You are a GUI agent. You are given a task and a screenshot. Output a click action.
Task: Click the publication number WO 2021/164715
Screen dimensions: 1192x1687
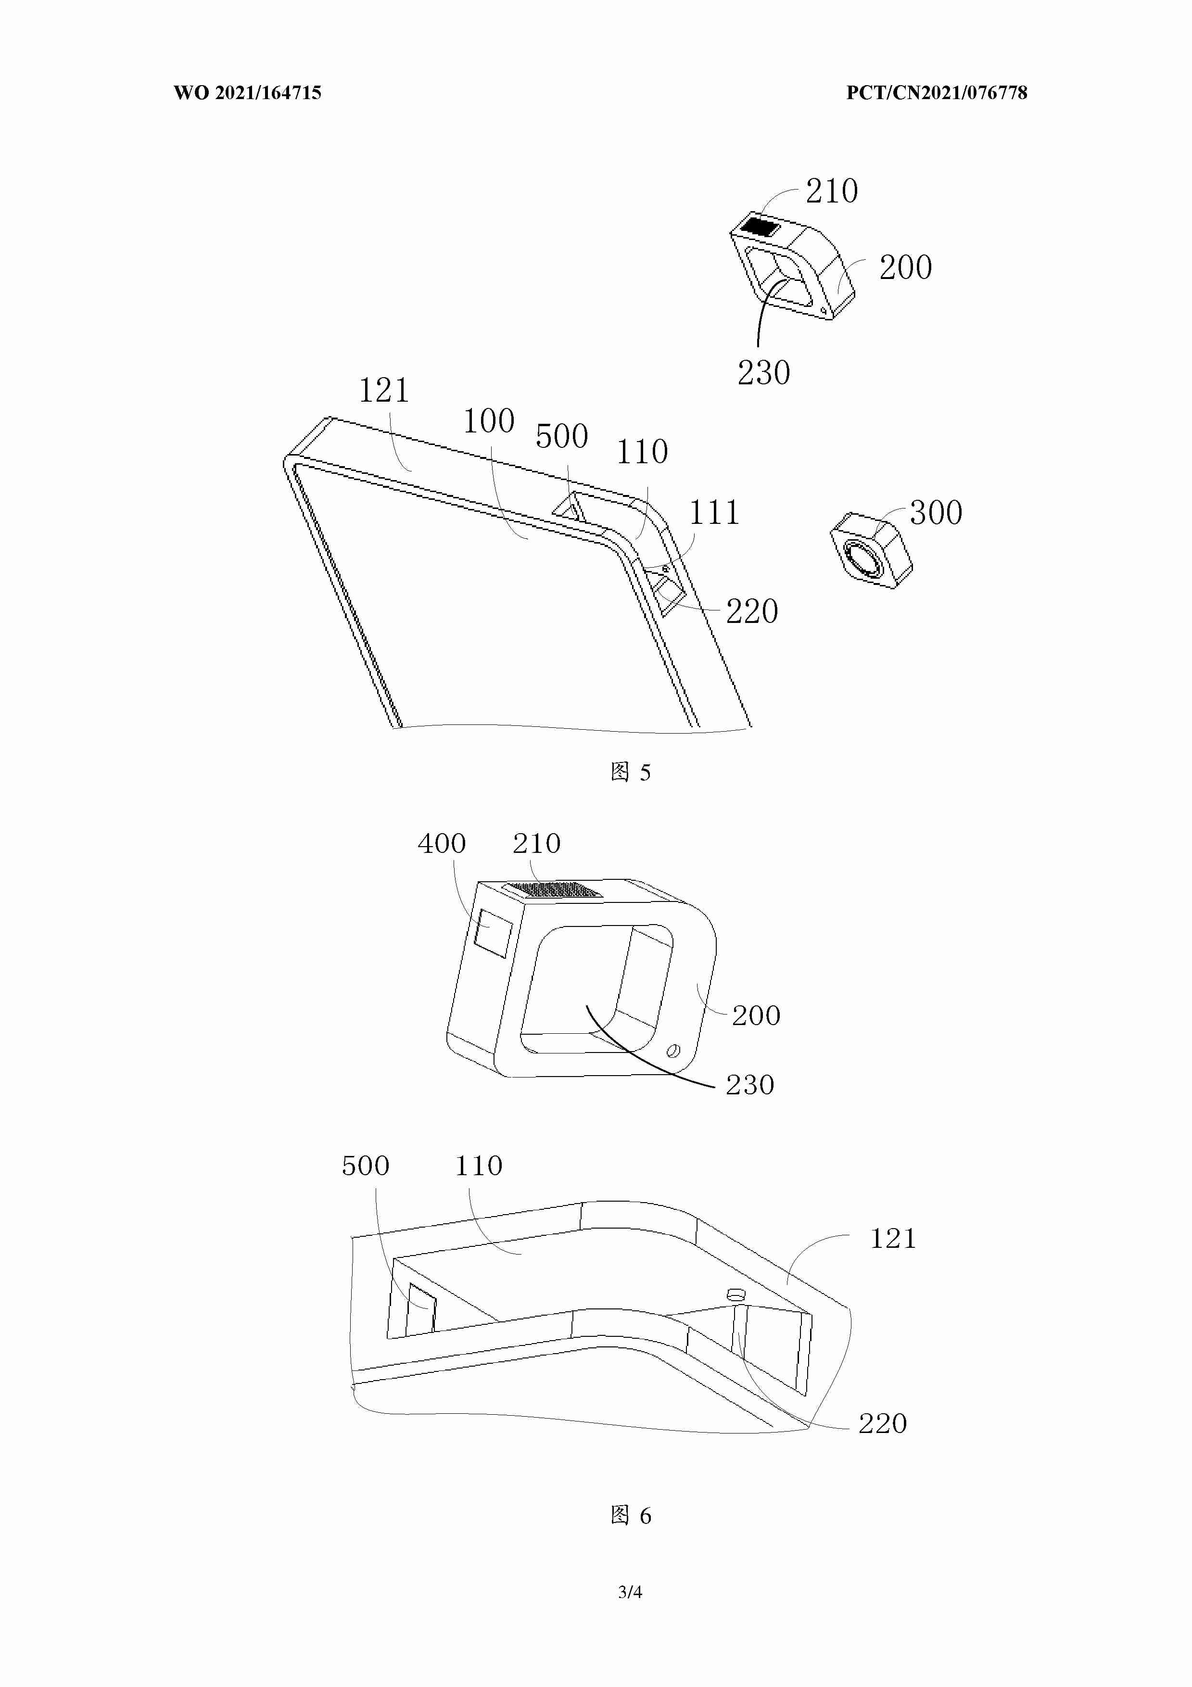click(248, 92)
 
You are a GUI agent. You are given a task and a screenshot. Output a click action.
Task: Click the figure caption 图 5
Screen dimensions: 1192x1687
click(631, 772)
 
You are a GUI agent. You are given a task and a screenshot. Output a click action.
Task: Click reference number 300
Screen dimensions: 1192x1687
click(936, 513)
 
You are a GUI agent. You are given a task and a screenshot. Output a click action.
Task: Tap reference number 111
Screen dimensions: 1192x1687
click(713, 513)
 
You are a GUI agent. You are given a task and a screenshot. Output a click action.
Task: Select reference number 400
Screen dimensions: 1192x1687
click(442, 844)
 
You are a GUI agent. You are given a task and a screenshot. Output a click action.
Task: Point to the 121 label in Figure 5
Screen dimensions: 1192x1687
click(383, 390)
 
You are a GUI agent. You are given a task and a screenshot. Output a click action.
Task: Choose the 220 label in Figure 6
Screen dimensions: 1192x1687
click(883, 1424)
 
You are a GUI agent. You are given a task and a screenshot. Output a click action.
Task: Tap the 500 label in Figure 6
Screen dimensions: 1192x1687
click(365, 1166)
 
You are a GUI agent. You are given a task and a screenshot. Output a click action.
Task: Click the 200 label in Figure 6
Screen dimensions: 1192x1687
click(756, 1015)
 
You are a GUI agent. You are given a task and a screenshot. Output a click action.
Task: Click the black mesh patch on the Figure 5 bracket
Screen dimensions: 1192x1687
click(759, 226)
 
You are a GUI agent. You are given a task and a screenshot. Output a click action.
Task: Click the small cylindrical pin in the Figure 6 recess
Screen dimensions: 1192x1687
click(735, 1294)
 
